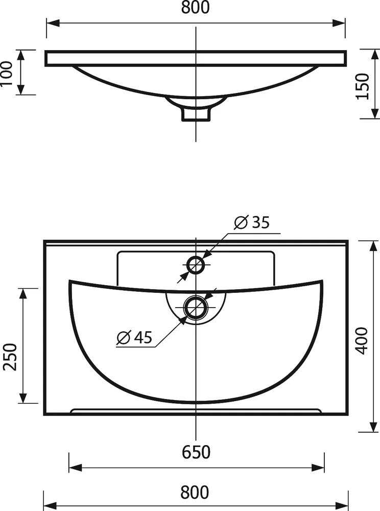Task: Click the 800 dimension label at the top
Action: coord(196,7)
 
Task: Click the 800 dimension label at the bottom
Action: coord(195,492)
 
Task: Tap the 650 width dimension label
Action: coord(196,452)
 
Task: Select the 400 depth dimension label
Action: coord(362,341)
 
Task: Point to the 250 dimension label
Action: coord(10,357)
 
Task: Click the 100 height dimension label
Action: coord(7,73)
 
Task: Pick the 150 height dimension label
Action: coord(363,86)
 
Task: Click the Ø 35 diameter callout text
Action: coord(252,222)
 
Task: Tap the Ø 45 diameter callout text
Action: coord(134,337)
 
